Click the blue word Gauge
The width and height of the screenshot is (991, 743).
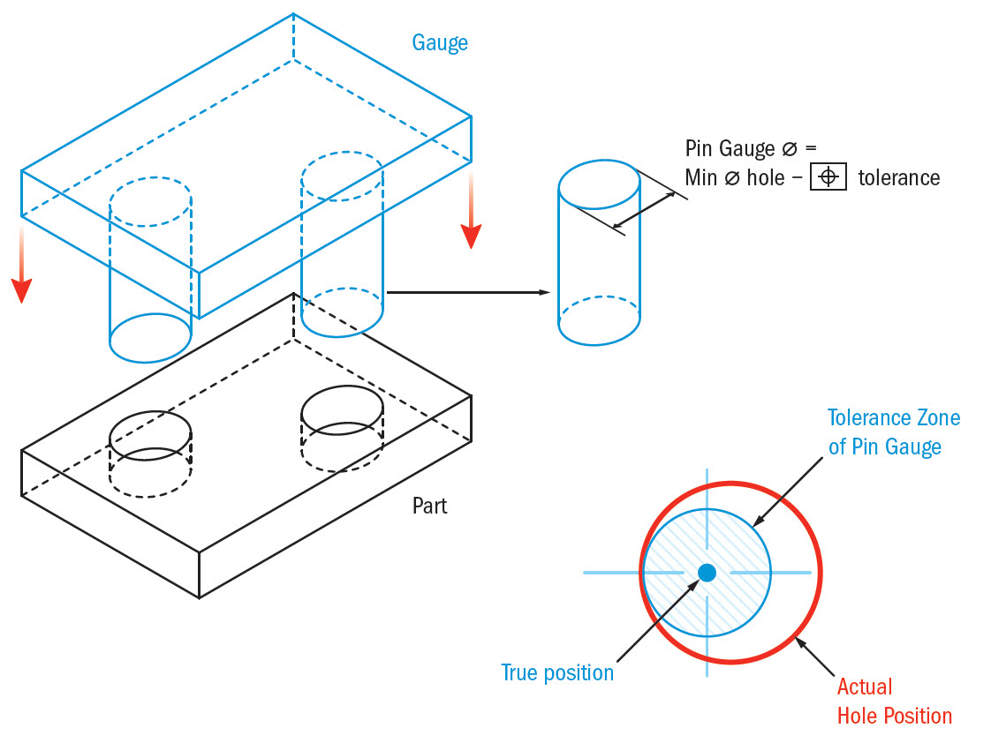(x=439, y=42)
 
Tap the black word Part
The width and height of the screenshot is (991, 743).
(x=429, y=506)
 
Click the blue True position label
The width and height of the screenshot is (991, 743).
(x=556, y=672)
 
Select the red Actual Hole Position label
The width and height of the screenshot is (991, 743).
(x=894, y=701)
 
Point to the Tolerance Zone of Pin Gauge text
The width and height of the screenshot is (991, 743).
(x=893, y=432)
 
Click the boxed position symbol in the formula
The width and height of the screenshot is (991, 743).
(x=828, y=177)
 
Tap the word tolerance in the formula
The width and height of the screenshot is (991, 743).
(x=898, y=177)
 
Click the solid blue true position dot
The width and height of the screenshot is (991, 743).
(x=707, y=573)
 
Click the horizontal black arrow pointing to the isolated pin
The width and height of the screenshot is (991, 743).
(x=468, y=291)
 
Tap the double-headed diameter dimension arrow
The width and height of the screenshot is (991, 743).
(x=645, y=210)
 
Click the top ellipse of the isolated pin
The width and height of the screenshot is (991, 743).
(x=600, y=182)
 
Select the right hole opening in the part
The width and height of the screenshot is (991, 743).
(x=343, y=406)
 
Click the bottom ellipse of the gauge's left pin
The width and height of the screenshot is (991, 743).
(x=150, y=337)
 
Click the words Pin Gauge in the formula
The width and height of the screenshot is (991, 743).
(x=729, y=148)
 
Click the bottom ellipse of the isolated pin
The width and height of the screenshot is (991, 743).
(x=600, y=323)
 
